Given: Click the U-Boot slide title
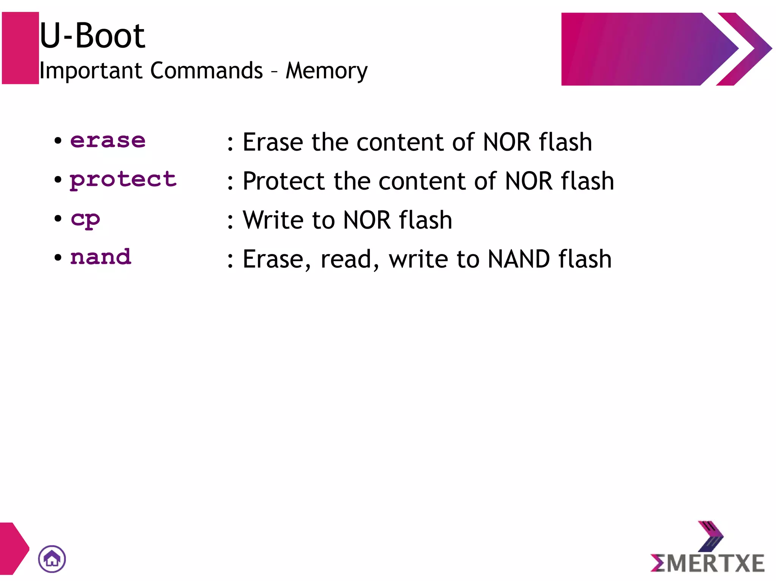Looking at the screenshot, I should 92,36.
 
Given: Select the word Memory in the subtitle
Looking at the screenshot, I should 326,71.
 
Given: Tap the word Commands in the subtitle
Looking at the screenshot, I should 207,70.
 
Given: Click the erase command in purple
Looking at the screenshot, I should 108,141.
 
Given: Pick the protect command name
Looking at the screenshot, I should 123,180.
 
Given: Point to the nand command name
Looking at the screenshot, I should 101,257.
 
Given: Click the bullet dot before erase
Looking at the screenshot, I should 58,141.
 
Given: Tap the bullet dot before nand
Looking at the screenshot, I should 58,258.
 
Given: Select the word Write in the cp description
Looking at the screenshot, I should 274,220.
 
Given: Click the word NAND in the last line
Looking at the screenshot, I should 518,259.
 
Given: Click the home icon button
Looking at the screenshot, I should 52,559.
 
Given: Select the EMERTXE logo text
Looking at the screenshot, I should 707,563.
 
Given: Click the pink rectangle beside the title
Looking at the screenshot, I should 20,48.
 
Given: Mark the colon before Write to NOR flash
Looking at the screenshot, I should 230,221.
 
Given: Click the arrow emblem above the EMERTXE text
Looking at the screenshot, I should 710,536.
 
